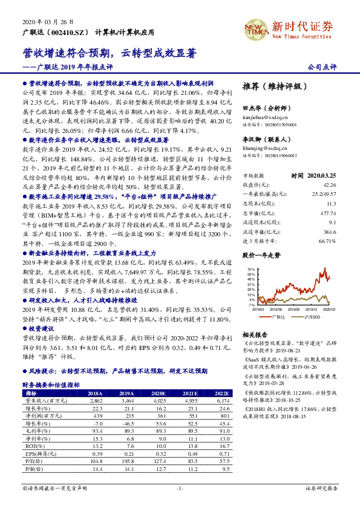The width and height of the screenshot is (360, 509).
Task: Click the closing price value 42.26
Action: (x=329, y=184)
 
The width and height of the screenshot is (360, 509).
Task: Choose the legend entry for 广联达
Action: (x=278, y=317)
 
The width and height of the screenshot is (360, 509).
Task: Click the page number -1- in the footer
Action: (x=180, y=487)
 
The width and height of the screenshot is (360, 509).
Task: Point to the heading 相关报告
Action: (x=254, y=334)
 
